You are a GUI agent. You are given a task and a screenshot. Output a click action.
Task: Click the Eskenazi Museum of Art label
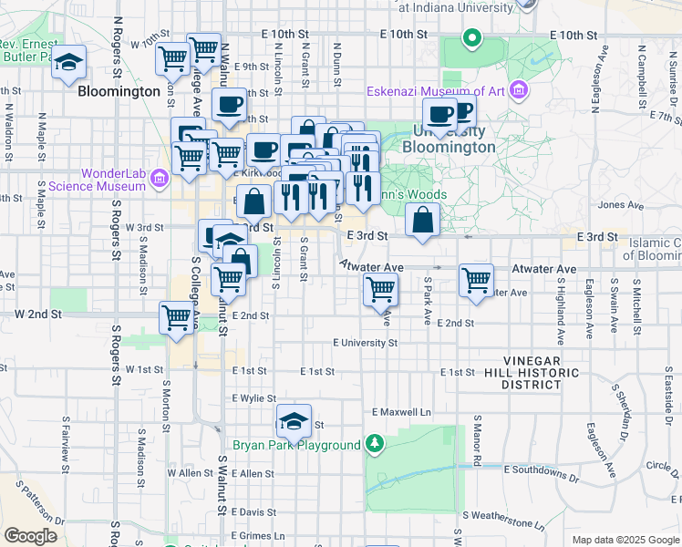click(436, 90)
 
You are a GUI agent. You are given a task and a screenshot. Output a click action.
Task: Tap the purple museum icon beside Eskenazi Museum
click(519, 90)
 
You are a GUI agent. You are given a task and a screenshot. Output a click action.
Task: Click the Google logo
click(30, 536)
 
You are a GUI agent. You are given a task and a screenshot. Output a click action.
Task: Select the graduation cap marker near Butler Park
click(68, 63)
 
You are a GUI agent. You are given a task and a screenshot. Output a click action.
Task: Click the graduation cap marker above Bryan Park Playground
click(294, 421)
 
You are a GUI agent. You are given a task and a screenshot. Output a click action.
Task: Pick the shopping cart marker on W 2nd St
click(176, 318)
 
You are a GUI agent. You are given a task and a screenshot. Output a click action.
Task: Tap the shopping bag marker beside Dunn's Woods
click(423, 220)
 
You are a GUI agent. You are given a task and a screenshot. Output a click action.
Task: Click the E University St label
click(365, 343)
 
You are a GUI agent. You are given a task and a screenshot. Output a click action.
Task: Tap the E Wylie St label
click(253, 398)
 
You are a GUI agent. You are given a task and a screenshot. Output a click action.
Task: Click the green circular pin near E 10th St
click(471, 38)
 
